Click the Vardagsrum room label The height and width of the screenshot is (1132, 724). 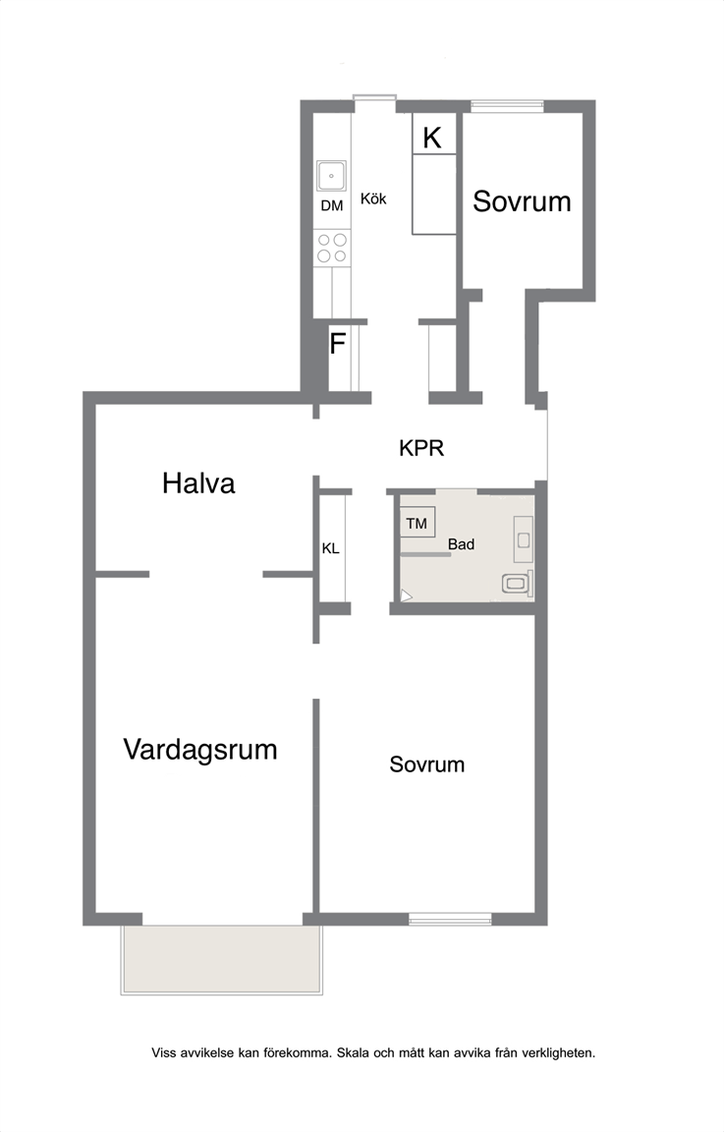coord(200,750)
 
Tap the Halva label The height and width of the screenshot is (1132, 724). coord(198,483)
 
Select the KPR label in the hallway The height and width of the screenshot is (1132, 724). coord(421,448)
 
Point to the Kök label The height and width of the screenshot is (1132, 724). coord(373,198)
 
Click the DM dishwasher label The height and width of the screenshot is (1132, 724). coord(332,205)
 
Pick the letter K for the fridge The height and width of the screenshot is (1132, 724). coord(431,138)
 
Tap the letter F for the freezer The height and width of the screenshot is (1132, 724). coord(337,344)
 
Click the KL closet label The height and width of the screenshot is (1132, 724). coord(331,548)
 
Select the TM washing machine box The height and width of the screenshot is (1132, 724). coord(418,523)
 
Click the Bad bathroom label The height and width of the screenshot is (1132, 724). coord(462,544)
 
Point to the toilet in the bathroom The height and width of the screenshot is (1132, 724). coord(517,583)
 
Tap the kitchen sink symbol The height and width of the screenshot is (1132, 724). coord(331,176)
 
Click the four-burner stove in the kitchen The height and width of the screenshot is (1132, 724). coord(332,248)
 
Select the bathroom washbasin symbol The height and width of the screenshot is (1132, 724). coord(524,539)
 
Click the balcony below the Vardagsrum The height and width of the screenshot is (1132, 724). coord(222,959)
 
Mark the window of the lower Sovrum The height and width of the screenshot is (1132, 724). coord(451,919)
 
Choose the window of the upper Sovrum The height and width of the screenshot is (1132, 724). coord(508,106)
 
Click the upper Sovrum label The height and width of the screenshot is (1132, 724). coord(522,201)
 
